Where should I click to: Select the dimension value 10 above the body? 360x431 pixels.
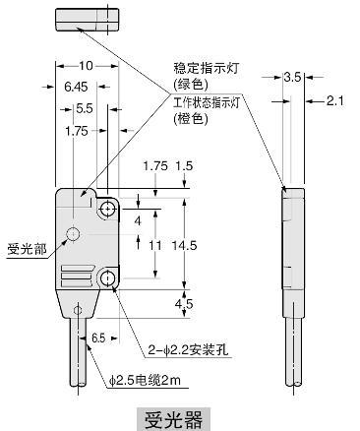[x=87, y=66]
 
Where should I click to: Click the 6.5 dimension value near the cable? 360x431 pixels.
[x=98, y=337]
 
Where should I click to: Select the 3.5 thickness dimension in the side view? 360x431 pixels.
[x=291, y=75]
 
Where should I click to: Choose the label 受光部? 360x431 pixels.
[x=27, y=248]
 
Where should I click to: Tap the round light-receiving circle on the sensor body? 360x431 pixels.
[x=73, y=233]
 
